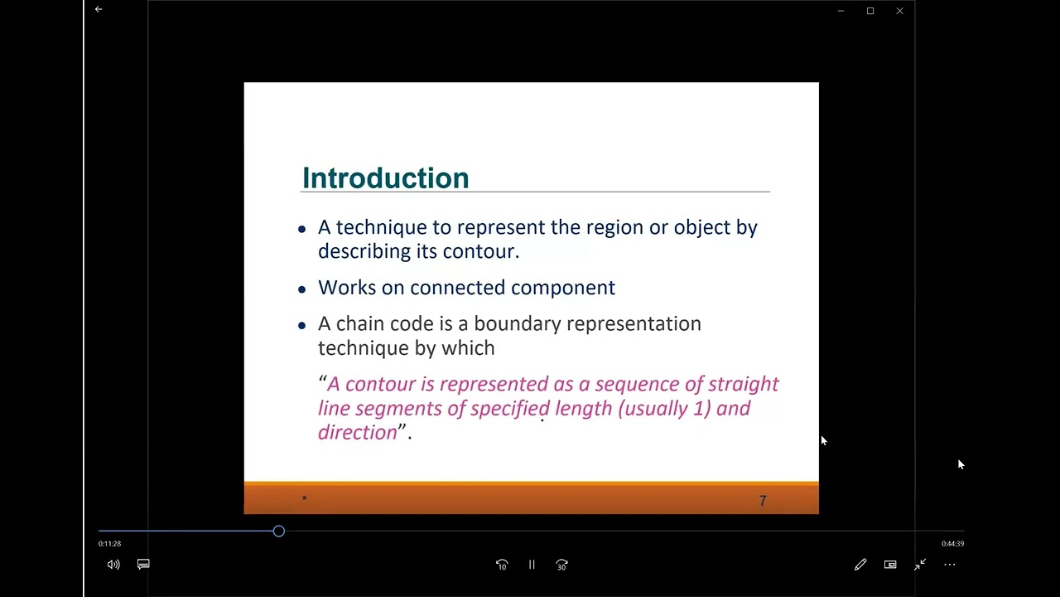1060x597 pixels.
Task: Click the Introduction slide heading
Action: coord(385,178)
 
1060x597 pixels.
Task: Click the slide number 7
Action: coord(763,501)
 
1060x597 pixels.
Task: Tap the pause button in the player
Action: coord(532,565)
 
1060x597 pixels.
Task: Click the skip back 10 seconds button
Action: coord(502,565)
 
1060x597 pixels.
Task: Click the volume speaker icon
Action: coord(113,565)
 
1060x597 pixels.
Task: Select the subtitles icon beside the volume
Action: coord(143,565)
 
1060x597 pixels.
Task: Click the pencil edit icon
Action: coord(860,565)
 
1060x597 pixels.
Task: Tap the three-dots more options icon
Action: coord(950,565)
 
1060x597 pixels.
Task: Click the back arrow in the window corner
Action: coord(99,10)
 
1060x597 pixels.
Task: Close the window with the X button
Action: coord(899,11)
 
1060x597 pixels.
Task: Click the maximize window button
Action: coord(870,11)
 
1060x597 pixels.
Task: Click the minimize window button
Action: coord(841,11)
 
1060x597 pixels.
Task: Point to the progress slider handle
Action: coord(279,531)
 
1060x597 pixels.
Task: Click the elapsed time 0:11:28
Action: coord(109,544)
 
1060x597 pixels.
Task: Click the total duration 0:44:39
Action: coord(952,544)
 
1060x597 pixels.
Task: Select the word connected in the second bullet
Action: coord(457,288)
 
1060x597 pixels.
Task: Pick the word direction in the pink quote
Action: coord(358,432)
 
